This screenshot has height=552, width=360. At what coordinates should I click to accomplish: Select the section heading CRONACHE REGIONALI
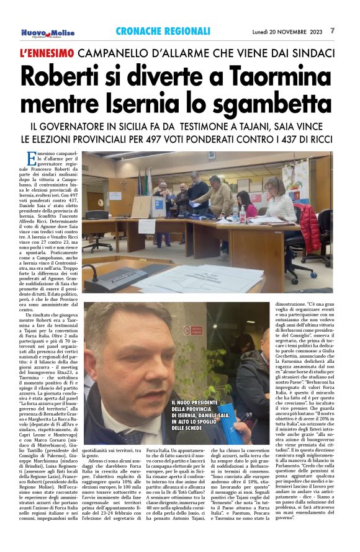click(163, 31)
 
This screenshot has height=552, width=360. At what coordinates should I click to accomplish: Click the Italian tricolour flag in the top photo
click(146, 181)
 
